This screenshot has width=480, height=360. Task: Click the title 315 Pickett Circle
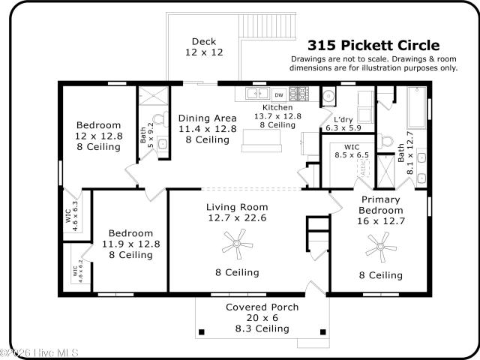[373, 45]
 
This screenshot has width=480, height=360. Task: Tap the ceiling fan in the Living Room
[237, 244]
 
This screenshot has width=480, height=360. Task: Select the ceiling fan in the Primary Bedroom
[381, 247]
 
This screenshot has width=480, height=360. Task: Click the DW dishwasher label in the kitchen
[279, 95]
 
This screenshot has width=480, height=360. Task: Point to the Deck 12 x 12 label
[204, 46]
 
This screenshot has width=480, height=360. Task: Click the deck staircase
[267, 25]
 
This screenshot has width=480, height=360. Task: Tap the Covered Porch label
[262, 307]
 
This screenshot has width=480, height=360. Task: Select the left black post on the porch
[202, 332]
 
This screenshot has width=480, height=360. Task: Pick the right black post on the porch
[323, 332]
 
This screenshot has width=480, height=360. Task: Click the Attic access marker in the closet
[364, 167]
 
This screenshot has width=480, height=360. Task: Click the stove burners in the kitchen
[299, 94]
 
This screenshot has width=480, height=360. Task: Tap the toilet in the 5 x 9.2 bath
[160, 118]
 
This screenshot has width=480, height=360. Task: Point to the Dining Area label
[207, 118]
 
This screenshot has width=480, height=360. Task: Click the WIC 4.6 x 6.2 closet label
[77, 271]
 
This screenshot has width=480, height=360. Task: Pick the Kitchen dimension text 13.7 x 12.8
[277, 116]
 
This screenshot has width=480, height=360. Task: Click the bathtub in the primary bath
[417, 107]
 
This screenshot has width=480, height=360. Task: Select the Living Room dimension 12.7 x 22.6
[237, 218]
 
